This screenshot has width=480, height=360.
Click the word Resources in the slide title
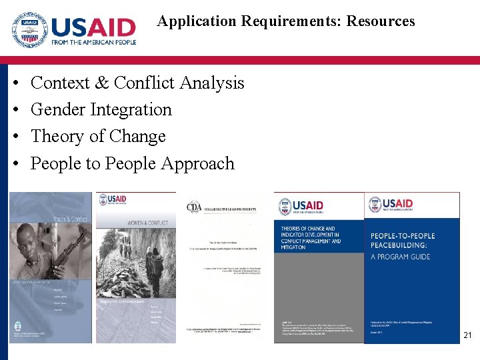tap(380, 21)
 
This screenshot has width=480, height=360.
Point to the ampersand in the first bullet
tap(101, 83)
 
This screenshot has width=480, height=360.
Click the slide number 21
tap(467, 335)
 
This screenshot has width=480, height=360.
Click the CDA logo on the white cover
tap(194, 207)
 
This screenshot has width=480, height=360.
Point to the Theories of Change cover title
tap(311, 237)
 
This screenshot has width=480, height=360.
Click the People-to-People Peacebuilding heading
tap(403, 241)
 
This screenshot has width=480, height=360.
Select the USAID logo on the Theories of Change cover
tap(301, 207)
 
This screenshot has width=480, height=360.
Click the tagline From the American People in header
tap(93, 42)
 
